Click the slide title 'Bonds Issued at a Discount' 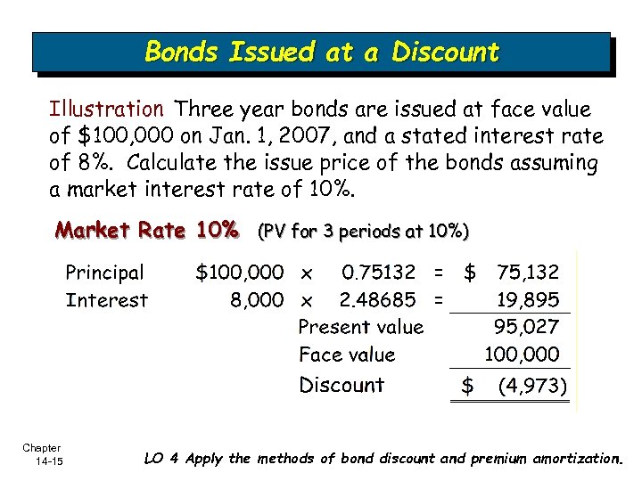click(x=322, y=52)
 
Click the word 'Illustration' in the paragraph click(x=106, y=110)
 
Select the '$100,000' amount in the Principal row click(x=240, y=272)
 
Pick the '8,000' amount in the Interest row click(x=257, y=300)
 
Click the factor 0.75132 click(x=380, y=272)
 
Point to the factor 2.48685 click(x=380, y=300)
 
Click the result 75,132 click(x=528, y=272)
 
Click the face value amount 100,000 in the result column click(x=522, y=355)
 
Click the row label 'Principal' click(x=104, y=273)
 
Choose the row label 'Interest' click(x=107, y=300)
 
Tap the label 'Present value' click(x=361, y=327)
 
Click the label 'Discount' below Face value click(x=342, y=385)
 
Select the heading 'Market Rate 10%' click(x=147, y=232)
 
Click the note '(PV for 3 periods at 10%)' click(x=363, y=232)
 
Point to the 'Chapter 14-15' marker click(x=43, y=454)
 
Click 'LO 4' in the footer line click(x=161, y=459)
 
